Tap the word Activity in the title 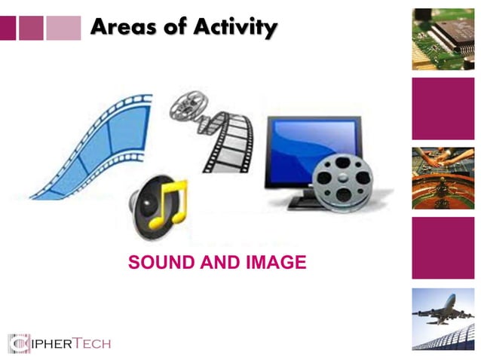pos(234,28)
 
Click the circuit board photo pos(443,38)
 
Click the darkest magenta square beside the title pos(8,28)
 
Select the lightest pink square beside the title pos(63,28)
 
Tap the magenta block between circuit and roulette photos pos(443,108)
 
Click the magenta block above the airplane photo pos(443,248)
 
